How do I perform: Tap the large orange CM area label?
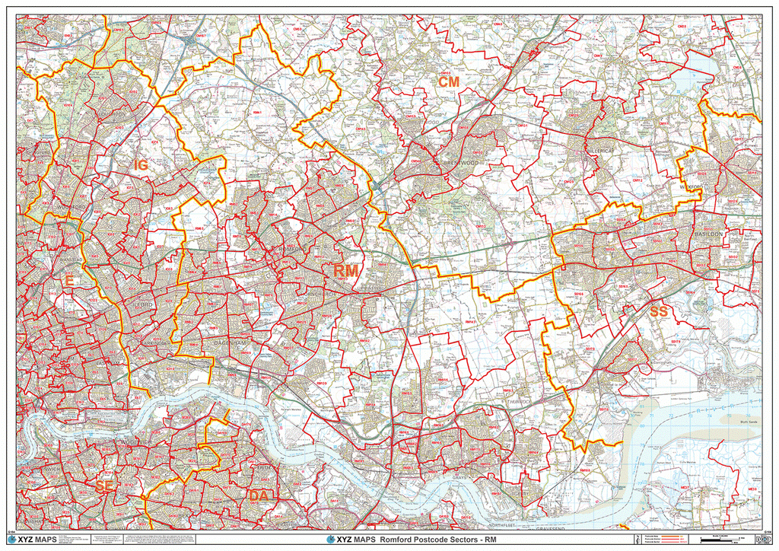pos(448,81)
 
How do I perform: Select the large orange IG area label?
pos(141,164)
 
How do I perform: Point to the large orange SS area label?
pos(658,311)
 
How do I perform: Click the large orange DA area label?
pos(257,495)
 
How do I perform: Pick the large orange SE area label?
pos(104,485)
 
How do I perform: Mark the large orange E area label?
pos(68,282)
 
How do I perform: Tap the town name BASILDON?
pos(707,234)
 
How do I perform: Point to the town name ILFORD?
pos(144,304)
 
